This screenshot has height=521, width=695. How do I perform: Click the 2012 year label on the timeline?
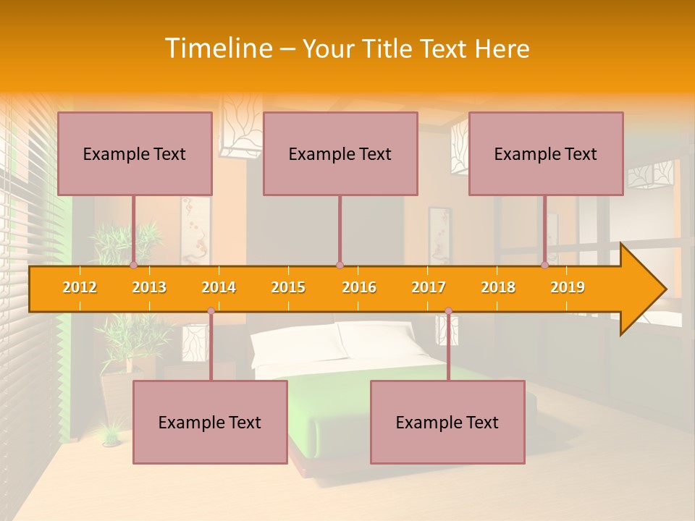tap(80, 287)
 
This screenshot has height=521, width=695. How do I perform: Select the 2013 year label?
tap(149, 287)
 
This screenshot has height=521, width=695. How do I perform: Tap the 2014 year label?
tap(219, 287)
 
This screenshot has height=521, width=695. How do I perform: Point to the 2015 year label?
tap(288, 287)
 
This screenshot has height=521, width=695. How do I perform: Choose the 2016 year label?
tap(359, 287)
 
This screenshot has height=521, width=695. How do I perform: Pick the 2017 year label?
tap(429, 287)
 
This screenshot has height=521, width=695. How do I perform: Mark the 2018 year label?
tap(498, 287)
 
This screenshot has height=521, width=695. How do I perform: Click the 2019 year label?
tap(568, 287)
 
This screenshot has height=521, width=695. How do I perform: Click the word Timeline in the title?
tap(217, 48)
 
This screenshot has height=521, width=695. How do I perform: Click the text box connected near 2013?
tap(135, 153)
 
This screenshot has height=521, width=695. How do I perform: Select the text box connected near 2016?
tap(340, 153)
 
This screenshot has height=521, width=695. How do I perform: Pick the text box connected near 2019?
tap(546, 153)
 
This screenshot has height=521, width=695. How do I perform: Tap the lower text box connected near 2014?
tap(210, 422)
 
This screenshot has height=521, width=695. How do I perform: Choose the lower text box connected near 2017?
tap(447, 422)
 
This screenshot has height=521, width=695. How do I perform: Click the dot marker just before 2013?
tap(134, 266)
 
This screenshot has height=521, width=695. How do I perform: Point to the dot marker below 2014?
tap(211, 311)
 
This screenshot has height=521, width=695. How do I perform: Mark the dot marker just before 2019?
tap(545, 266)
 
